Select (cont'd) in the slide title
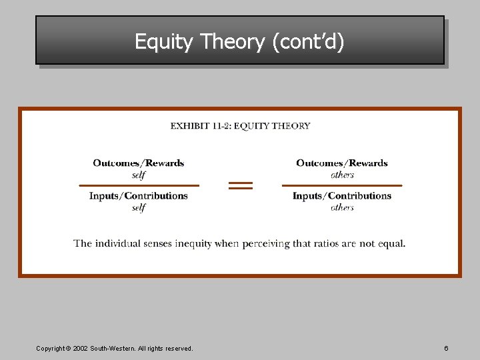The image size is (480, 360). tap(308, 42)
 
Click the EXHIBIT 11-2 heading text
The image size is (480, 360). tap(240, 125)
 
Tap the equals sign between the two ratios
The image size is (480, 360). tap(241, 185)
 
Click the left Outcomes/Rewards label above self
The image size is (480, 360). tap(139, 163)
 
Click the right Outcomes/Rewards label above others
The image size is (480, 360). tap(342, 163)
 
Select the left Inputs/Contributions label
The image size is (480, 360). tap(139, 196)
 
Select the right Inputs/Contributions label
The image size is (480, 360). tap(342, 196)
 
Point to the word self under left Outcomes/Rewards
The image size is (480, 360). tap(139, 175)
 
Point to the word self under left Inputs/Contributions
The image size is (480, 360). tap(139, 208)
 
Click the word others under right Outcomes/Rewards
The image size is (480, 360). tap(342, 175)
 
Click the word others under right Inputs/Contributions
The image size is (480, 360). tap(342, 208)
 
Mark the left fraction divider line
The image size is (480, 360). tap(139, 185)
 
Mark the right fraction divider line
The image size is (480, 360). tap(342, 185)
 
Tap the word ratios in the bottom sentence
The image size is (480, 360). tap(323, 244)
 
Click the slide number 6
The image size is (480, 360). tap(446, 349)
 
